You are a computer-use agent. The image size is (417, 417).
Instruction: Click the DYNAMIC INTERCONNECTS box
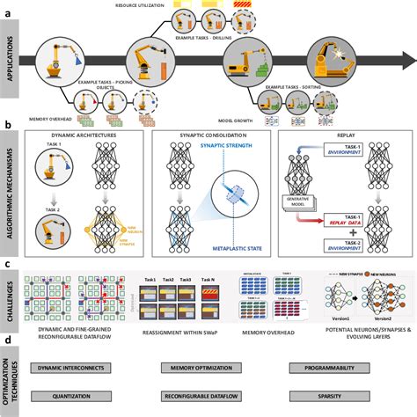(77, 365)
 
